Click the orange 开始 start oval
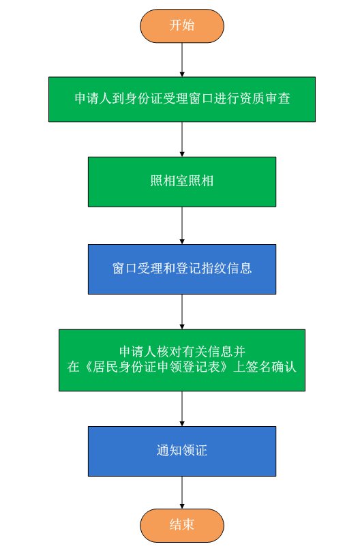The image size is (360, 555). click(x=182, y=26)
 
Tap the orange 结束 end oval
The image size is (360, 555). click(x=182, y=525)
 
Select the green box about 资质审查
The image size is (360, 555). click(x=182, y=100)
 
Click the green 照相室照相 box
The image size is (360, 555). click(x=182, y=182)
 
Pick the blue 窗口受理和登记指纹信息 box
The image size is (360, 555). click(x=182, y=269)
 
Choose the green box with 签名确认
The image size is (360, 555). click(x=182, y=360)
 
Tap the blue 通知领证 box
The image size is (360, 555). click(x=182, y=451)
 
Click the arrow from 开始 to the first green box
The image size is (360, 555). click(x=182, y=60)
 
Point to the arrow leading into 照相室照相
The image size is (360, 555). click(x=182, y=140)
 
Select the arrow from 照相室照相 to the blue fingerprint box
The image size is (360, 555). click(x=182, y=226)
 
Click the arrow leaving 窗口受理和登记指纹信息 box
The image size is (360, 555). click(x=182, y=312)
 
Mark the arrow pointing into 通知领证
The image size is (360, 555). click(x=182, y=409)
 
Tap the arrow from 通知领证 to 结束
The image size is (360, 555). click(x=182, y=493)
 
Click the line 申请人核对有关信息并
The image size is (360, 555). click(x=182, y=351)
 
